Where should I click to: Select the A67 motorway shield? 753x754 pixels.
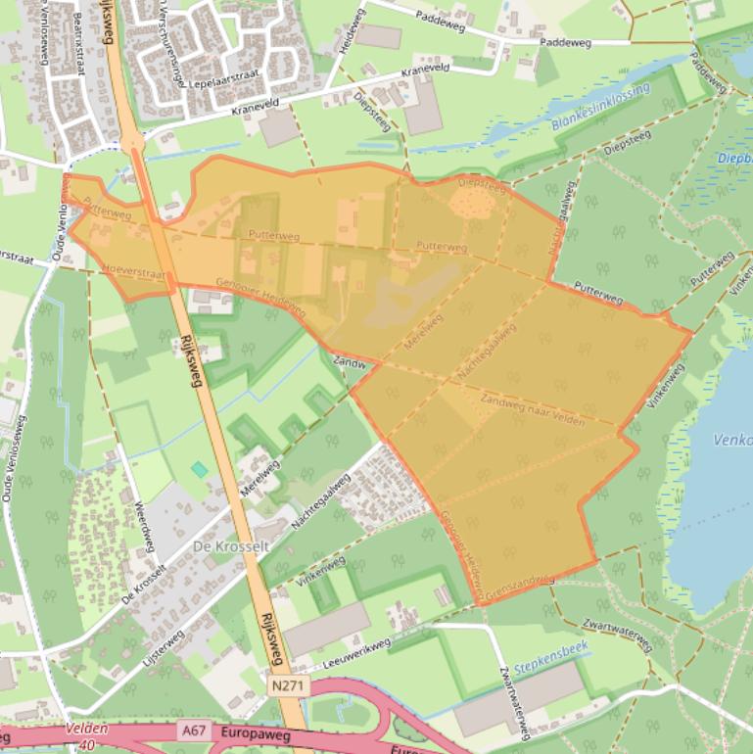click(192, 730)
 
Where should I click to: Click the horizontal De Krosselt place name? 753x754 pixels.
click(231, 545)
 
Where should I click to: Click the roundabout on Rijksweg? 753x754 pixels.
click(133, 143)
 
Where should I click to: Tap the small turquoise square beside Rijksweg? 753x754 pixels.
click(200, 470)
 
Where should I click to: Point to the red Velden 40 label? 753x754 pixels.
click(87, 735)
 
